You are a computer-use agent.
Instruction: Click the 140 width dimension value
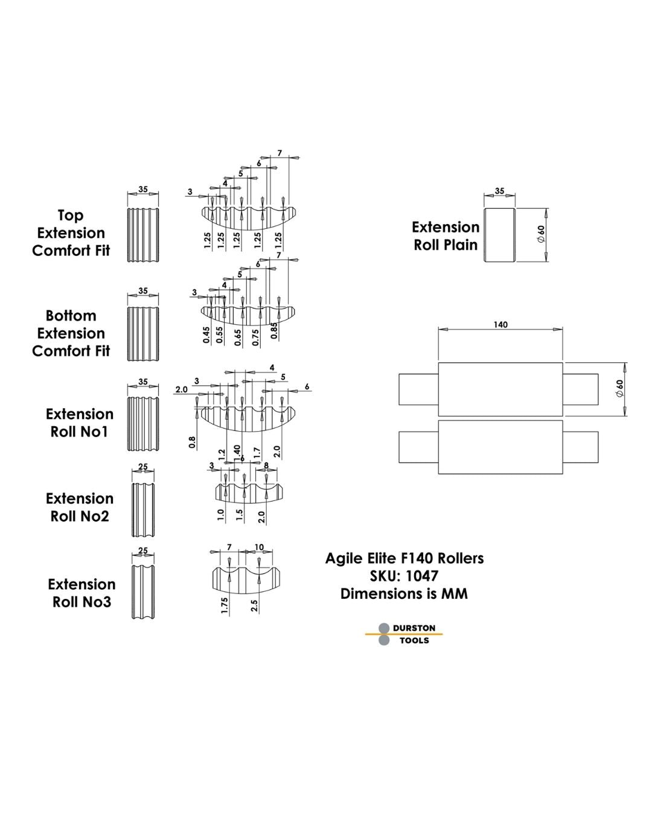(x=500, y=325)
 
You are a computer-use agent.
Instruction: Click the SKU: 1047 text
(x=404, y=576)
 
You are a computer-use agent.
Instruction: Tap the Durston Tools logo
(x=404, y=634)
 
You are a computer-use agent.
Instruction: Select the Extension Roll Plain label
(x=446, y=236)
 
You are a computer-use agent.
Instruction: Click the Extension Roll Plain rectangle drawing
(x=500, y=235)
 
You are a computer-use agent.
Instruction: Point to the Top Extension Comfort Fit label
(x=71, y=233)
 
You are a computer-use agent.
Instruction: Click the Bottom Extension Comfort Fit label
(x=71, y=333)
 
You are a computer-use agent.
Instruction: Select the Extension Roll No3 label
(x=81, y=593)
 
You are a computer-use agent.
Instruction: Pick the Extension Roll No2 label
(x=80, y=507)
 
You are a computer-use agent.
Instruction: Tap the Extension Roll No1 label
(x=80, y=423)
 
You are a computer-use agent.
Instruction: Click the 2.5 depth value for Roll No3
(x=255, y=606)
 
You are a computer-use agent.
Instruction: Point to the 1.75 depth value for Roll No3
(x=225, y=606)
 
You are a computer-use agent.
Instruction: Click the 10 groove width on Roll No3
(x=259, y=548)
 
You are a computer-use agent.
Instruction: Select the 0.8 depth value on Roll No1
(x=192, y=443)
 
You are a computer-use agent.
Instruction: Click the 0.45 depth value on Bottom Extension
(x=206, y=336)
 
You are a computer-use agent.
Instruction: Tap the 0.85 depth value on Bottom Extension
(x=275, y=331)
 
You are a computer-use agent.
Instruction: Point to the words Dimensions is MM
(x=404, y=594)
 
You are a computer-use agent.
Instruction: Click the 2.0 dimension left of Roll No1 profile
(x=181, y=390)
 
